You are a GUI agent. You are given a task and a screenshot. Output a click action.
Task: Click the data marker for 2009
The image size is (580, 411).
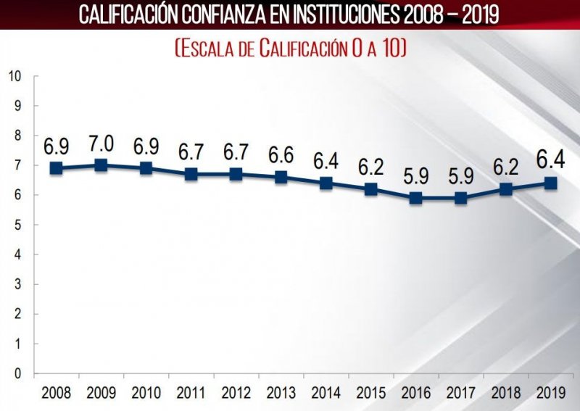[x=101, y=165]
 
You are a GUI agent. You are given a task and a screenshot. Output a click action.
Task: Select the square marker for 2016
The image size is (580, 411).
[x=415, y=198]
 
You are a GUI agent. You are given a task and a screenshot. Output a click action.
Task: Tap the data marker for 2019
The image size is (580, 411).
[x=550, y=183]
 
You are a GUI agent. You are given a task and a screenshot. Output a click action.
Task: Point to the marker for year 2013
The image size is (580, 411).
[x=281, y=177]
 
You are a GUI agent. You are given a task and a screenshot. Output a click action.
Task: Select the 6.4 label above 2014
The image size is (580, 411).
[x=326, y=160]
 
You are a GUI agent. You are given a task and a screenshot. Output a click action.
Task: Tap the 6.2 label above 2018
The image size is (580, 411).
[x=505, y=167]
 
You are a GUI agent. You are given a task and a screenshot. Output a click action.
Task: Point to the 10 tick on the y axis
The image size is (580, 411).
[x=15, y=76]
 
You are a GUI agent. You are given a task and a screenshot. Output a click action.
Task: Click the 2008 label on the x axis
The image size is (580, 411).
[x=56, y=393]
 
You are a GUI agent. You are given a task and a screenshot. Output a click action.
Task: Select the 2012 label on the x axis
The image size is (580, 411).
[x=236, y=393]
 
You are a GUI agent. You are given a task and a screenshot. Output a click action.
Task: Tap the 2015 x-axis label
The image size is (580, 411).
[x=370, y=393]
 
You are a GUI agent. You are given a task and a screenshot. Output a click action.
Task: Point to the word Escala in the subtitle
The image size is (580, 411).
[x=211, y=49]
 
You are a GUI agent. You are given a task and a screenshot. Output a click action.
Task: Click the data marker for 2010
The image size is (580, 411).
[x=146, y=168]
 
